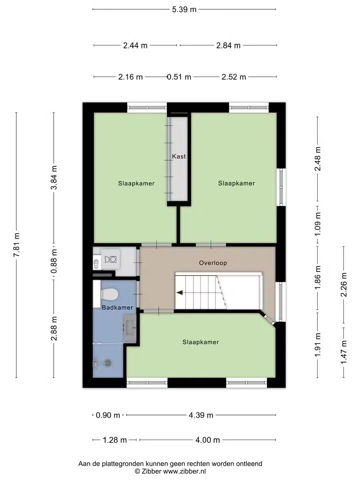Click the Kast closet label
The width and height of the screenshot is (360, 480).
pos(179,156)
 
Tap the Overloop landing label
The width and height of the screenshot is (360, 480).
pos(213,263)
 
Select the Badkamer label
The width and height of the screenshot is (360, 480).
pos(117,308)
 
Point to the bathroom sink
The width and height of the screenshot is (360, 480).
pos(130,328)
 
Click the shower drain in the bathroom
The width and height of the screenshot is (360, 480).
pos(108,363)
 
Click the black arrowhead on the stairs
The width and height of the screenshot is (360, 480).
pos(179,292)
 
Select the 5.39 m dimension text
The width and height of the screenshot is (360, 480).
pos(184,10)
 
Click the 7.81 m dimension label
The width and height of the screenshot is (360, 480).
pos(17,245)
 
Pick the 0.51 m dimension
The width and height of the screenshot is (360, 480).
pos(179,77)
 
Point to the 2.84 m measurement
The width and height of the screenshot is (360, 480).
pos(228,45)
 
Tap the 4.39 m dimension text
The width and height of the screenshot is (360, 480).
pos(201,415)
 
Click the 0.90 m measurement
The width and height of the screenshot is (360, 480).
pos(108,415)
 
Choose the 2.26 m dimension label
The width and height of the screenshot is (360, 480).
pos(344,285)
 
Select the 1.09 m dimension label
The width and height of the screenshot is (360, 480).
pos(318,224)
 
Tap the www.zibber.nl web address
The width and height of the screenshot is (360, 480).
pos(184,471)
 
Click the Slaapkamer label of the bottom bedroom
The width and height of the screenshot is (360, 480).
pos(201,342)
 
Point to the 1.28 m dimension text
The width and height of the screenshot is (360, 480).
pos(115,440)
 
